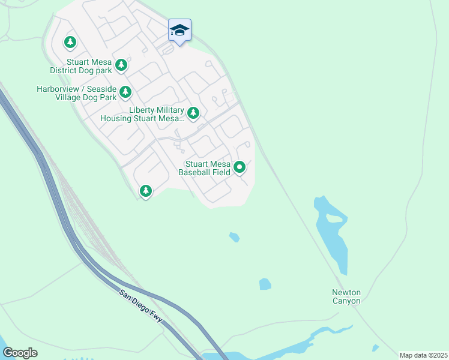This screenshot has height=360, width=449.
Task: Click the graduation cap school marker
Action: tap(179, 31)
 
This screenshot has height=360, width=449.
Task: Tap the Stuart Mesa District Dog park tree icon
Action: tap(121, 65)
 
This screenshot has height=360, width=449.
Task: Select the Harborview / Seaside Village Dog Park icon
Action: tap(125, 92)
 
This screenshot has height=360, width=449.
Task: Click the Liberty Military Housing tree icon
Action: tap(193, 113)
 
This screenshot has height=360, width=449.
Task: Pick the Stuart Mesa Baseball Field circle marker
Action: tap(240, 167)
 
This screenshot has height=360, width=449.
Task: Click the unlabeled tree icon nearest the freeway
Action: tap(145, 191)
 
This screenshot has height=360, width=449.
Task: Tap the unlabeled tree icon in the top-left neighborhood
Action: tap(70, 42)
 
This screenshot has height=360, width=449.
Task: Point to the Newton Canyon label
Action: tap(346, 296)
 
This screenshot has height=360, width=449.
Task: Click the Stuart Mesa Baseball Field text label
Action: tap(204, 168)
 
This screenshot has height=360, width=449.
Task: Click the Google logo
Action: tap(20, 353)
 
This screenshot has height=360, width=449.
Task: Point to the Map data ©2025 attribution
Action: tap(423, 355)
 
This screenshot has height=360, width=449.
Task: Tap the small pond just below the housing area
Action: tap(234, 237)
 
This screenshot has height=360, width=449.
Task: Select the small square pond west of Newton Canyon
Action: tap(265, 284)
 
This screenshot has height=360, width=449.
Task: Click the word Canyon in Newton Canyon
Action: tap(346, 301)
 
